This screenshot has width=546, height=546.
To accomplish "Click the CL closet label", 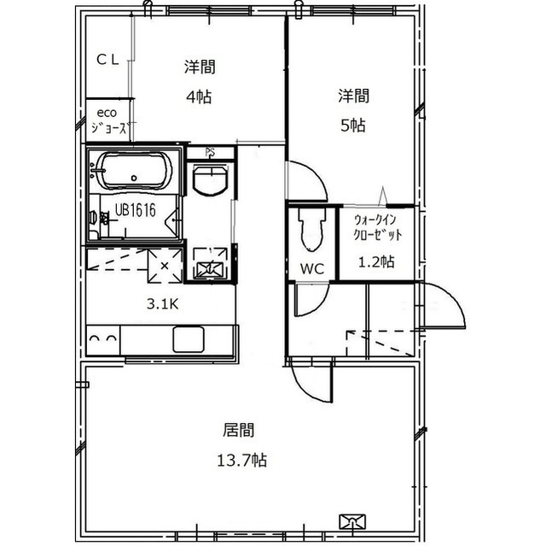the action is (107, 60).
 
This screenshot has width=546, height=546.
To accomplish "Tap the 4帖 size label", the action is (199, 97).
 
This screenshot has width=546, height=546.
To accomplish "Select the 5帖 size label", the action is (353, 126).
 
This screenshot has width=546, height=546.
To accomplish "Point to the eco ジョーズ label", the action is (108, 121).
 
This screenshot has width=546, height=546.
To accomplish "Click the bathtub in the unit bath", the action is (135, 172).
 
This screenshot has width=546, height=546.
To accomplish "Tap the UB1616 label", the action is (135, 210).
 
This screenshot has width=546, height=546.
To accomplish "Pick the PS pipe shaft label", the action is (210, 152).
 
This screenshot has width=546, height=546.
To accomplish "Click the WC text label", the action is (312, 269).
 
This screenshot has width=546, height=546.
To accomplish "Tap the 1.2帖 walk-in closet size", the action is (376, 261).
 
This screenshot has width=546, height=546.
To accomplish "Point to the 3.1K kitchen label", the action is (162, 304).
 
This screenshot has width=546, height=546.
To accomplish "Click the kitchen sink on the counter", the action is (189, 339).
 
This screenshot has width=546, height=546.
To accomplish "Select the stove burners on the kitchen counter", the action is (102, 339).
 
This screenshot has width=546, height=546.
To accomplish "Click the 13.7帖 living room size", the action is (242, 461).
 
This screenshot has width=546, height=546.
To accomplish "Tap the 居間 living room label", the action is (239, 431).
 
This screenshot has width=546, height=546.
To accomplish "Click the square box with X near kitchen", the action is (165, 266).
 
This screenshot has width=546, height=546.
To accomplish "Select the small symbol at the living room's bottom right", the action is (352, 521).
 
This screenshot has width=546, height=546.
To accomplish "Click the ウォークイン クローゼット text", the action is (378, 227).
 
